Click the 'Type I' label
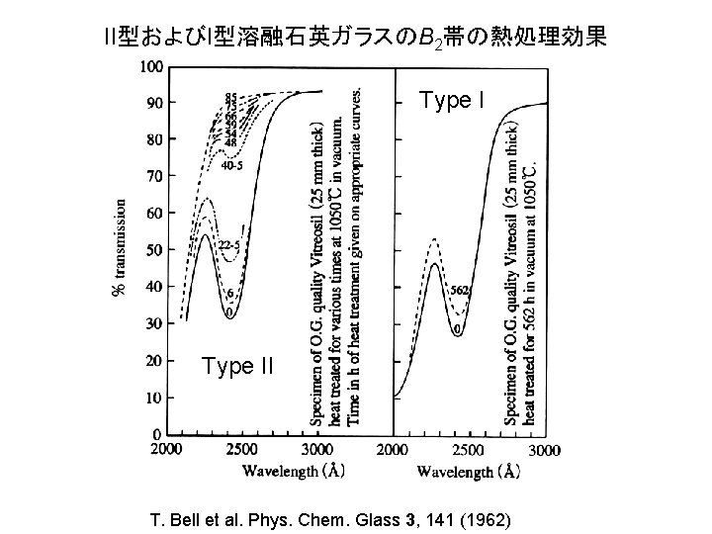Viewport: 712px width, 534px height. click(x=452, y=101)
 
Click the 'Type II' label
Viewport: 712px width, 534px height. click(x=236, y=367)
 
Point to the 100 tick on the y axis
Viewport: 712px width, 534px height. click(x=152, y=66)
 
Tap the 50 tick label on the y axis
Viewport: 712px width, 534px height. click(x=155, y=250)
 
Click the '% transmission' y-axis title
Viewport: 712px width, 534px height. click(x=121, y=248)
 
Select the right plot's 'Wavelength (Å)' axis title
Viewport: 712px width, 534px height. click(x=468, y=472)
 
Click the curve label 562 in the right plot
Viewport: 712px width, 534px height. click(x=459, y=291)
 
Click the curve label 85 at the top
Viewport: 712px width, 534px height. click(x=230, y=97)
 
